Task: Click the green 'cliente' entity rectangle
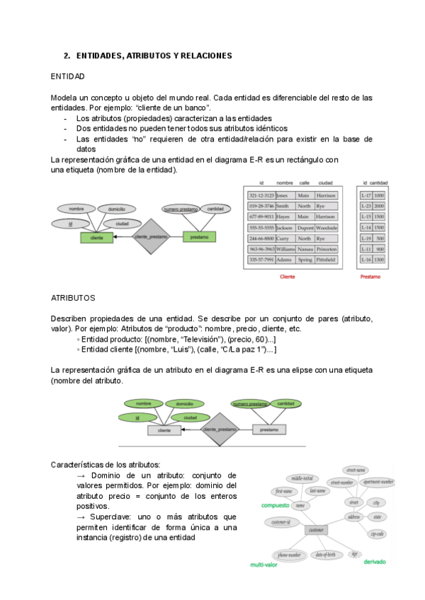click(x=92, y=238)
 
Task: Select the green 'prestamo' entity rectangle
click(x=199, y=238)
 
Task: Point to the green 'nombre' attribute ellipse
click(x=144, y=403)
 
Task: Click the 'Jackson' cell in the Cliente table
click(x=284, y=228)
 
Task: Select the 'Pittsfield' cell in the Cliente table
click(x=326, y=260)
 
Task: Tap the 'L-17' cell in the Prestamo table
click(x=366, y=195)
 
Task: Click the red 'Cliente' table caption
click(x=288, y=277)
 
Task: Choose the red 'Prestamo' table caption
click(x=370, y=277)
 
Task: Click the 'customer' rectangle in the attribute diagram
click(x=316, y=530)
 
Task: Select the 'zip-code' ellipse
click(x=376, y=533)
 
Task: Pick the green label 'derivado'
click(x=373, y=562)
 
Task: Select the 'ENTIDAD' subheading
click(x=68, y=76)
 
